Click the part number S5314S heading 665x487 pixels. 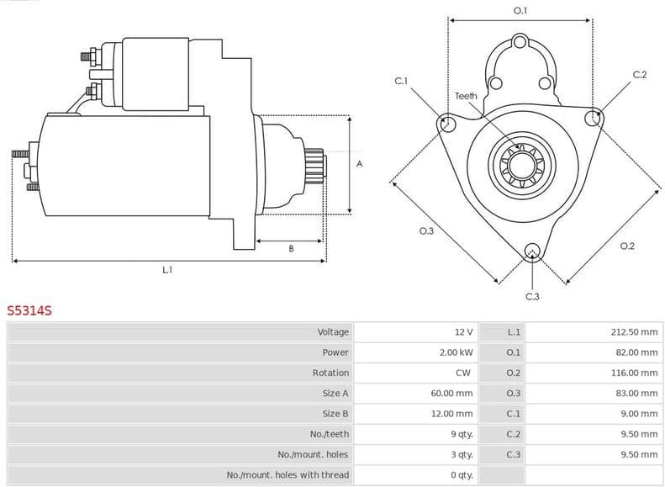(29, 310)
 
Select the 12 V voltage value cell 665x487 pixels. (462, 332)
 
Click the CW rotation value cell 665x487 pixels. (464, 373)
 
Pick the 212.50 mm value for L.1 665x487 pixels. (634, 332)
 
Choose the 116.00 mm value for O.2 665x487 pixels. (634, 373)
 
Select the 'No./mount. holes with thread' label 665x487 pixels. (288, 475)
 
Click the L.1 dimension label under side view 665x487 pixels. (167, 270)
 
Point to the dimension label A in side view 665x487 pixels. (360, 164)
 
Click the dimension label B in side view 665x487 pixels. (291, 248)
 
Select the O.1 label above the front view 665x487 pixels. (520, 11)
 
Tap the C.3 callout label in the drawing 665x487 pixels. (532, 296)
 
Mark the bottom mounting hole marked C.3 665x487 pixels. (531, 251)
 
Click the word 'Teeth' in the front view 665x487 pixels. (466, 96)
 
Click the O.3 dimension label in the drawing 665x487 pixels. (426, 231)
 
